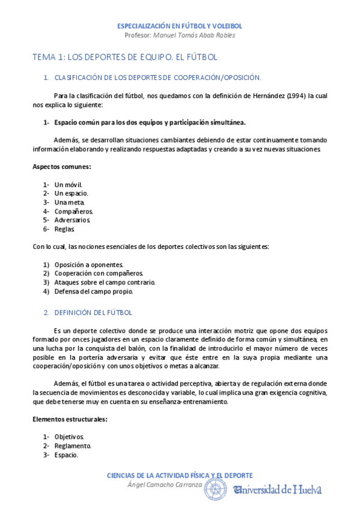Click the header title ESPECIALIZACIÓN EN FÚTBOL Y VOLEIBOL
pyautogui.click(x=180, y=26)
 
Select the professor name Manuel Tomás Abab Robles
pyautogui.click(x=195, y=35)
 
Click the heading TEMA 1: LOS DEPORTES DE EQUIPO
pyautogui.click(x=124, y=57)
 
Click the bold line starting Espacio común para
pyautogui.click(x=150, y=122)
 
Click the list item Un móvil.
pyautogui.click(x=68, y=185)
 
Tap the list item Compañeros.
pyautogui.click(x=73, y=211)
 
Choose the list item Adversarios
pyautogui.click(x=72, y=220)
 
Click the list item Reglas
pyautogui.click(x=64, y=229)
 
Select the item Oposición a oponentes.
pyautogui.click(x=88, y=265)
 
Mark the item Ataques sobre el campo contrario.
pyautogui.click(x=105, y=282)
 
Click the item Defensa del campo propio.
pyautogui.click(x=93, y=291)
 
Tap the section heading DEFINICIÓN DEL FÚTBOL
pyautogui.click(x=93, y=313)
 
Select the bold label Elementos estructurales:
pyautogui.click(x=70, y=419)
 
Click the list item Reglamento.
pyautogui.click(x=73, y=446)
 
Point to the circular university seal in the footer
pyautogui.click(x=216, y=489)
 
